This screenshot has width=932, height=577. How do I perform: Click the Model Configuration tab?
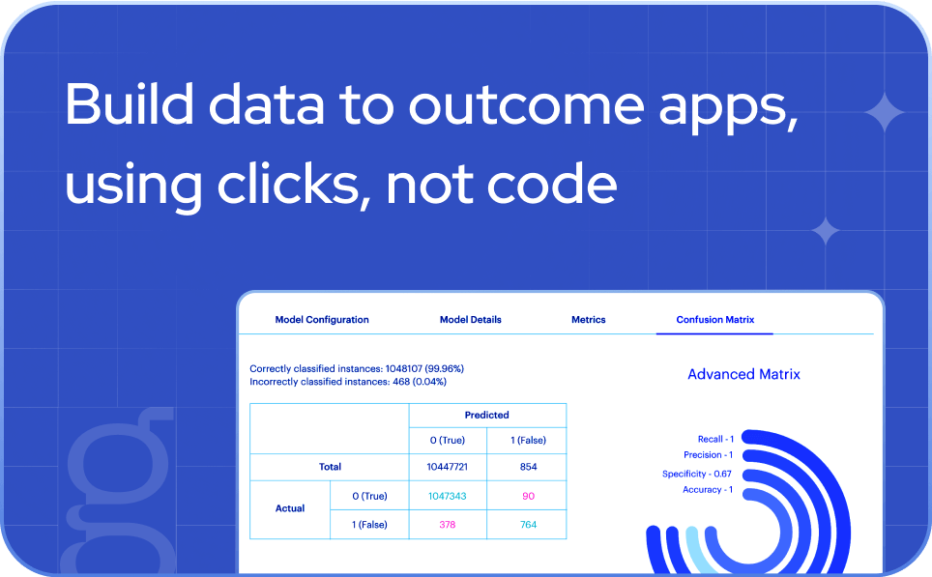click(x=322, y=320)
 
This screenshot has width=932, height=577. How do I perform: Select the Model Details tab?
click(x=470, y=320)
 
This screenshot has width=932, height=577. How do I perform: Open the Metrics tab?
click(x=589, y=320)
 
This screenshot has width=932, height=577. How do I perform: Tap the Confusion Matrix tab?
click(x=715, y=320)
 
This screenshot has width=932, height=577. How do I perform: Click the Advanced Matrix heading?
click(x=743, y=374)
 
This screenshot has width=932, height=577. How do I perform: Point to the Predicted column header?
click(x=487, y=415)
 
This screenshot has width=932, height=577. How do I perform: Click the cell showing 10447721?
click(x=447, y=467)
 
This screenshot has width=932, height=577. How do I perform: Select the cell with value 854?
click(x=529, y=467)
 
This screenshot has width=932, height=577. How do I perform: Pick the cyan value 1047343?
click(x=447, y=496)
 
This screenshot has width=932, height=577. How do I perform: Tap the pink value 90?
click(x=529, y=496)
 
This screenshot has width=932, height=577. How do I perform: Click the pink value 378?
click(x=447, y=524)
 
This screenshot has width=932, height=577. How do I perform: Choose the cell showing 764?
click(x=529, y=524)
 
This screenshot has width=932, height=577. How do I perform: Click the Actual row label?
click(x=290, y=508)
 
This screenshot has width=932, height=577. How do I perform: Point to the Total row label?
click(x=330, y=467)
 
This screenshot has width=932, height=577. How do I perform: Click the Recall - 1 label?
click(x=715, y=439)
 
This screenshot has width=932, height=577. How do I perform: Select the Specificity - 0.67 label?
click(x=697, y=474)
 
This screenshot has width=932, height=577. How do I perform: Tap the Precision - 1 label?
click(x=708, y=454)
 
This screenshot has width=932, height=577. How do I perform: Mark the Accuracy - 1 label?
click(x=708, y=490)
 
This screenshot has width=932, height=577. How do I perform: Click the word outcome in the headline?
click(x=527, y=105)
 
